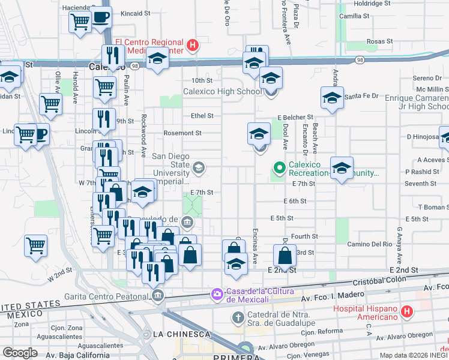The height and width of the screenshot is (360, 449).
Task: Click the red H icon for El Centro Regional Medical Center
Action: click(192, 44)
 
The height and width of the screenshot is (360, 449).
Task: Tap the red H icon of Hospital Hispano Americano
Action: click(407, 311)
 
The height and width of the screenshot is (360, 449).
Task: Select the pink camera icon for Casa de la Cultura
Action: click(216, 293)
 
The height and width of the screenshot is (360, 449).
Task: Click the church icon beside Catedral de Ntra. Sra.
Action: click(238, 316)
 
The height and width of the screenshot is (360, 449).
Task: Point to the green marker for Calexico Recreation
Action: click(279, 167)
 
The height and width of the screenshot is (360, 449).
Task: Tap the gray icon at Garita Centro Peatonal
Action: click(158, 294)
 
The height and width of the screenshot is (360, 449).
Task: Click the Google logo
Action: click(20, 353)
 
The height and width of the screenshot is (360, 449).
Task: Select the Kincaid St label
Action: click(134, 13)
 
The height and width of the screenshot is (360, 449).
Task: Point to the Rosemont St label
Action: click(183, 133)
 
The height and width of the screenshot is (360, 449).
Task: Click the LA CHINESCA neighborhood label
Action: click(181, 334)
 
